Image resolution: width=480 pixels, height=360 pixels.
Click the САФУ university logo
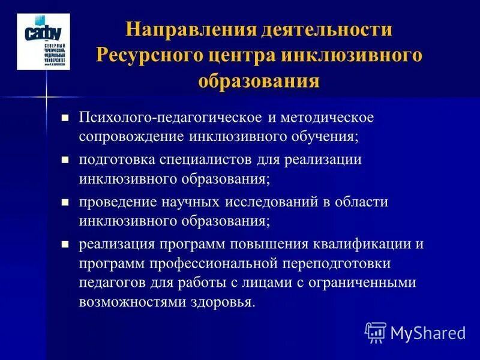click(43, 43)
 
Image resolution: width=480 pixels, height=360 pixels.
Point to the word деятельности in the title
click(326, 31)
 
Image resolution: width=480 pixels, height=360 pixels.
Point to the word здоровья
click(224, 301)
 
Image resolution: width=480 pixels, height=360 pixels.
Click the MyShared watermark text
click(427, 332)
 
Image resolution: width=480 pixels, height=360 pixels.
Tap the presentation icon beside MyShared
click(376, 332)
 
